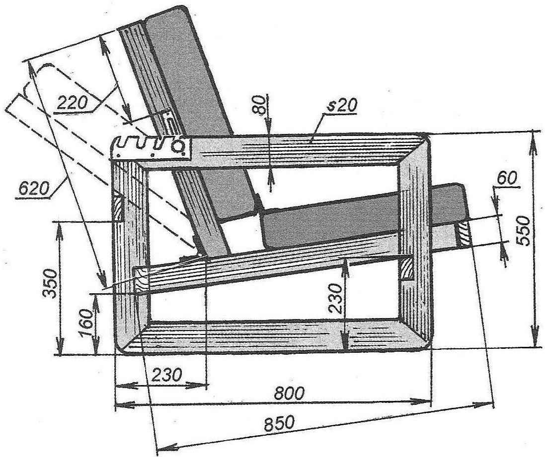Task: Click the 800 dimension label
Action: point(289,393)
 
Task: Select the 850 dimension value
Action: point(279,424)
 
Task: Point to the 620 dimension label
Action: point(33,189)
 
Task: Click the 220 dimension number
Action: point(72,103)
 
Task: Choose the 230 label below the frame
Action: point(167,375)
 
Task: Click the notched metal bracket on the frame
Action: point(152,148)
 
